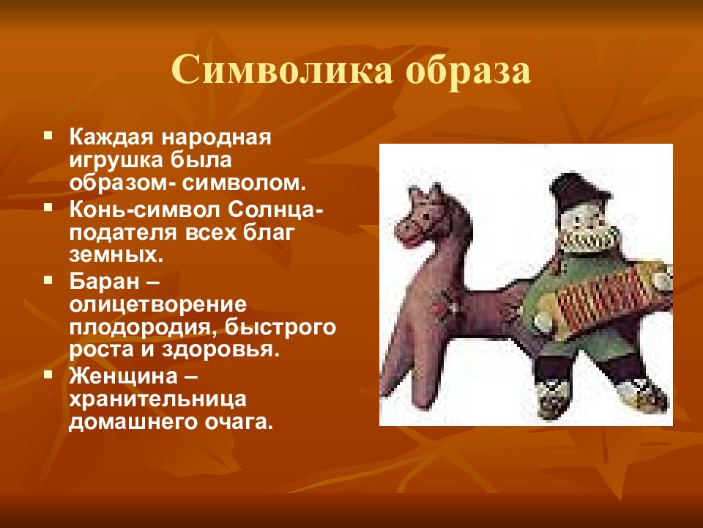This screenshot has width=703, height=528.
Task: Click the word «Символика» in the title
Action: [x=282, y=71]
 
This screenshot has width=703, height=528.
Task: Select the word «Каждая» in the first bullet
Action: [x=112, y=137]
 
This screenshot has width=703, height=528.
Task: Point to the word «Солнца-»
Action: [x=275, y=210]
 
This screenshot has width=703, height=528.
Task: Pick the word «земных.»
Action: [x=116, y=255]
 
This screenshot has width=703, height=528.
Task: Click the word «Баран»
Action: [x=105, y=282]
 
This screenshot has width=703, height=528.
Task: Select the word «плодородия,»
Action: [x=144, y=328]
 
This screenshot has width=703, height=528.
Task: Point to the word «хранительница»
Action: [x=158, y=400]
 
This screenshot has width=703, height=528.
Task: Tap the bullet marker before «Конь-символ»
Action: [x=48, y=208]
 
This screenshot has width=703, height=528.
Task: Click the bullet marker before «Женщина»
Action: [x=48, y=373]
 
